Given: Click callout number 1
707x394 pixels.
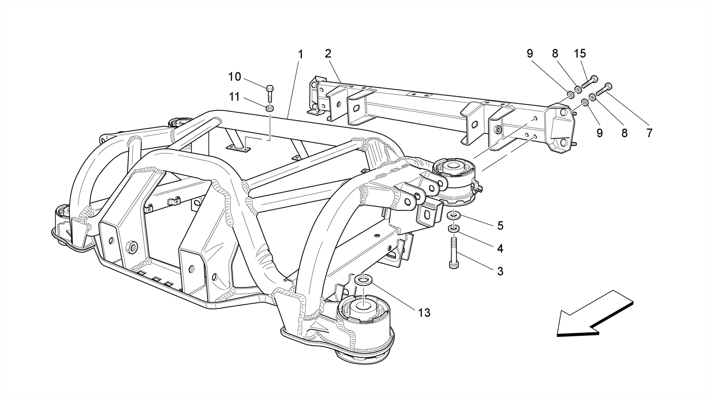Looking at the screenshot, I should (x=300, y=54).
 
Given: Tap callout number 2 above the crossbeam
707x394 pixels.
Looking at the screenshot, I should (x=328, y=54).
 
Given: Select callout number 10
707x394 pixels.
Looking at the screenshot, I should (x=234, y=77).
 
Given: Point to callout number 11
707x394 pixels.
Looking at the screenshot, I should (x=234, y=97).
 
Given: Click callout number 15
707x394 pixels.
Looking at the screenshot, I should (x=580, y=54).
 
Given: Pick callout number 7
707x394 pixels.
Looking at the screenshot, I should (x=649, y=133).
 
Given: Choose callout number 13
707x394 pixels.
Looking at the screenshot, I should (x=424, y=313).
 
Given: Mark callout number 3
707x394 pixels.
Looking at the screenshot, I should (x=500, y=271).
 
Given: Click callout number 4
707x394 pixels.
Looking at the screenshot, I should (x=500, y=248).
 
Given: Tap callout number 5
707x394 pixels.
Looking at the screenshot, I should (x=500, y=226).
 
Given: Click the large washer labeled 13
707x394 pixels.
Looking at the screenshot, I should (x=363, y=279).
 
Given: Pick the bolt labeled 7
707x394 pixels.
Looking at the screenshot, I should (x=604, y=89).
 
